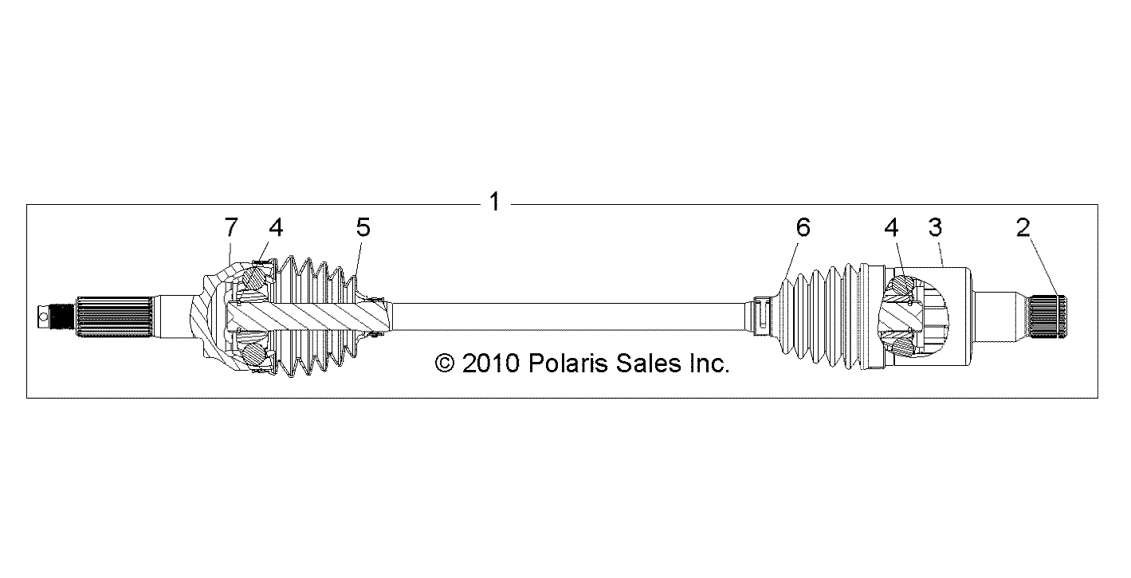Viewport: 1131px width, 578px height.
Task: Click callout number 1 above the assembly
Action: point(494,202)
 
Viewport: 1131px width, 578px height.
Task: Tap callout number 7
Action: point(231,227)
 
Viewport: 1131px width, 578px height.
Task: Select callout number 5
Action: point(363,227)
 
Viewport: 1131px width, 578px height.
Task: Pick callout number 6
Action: point(803,227)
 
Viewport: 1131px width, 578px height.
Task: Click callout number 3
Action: point(935,227)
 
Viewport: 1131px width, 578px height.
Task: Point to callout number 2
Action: point(1023,227)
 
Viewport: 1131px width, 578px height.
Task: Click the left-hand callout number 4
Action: point(276,227)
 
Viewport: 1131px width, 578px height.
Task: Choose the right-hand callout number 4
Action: point(891,227)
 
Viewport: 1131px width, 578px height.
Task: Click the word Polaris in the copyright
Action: point(568,364)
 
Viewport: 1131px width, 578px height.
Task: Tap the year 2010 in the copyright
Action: point(491,364)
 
